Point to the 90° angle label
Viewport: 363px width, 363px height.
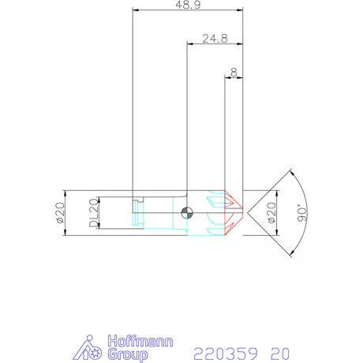303,213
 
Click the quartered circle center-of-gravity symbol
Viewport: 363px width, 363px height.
186,211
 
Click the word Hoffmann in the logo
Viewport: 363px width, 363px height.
134,341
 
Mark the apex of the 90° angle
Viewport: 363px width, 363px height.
244,211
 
